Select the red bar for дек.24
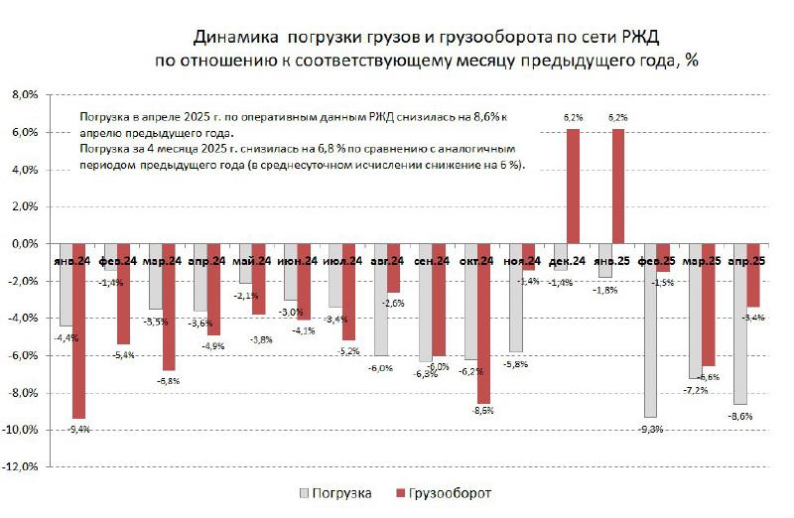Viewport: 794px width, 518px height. pyautogui.click(x=574, y=187)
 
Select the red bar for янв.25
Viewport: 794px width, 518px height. pyautogui.click(x=618, y=187)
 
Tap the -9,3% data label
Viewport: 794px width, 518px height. pyautogui.click(x=652, y=428)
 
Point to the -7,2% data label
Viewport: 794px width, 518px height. pyautogui.click(x=696, y=390)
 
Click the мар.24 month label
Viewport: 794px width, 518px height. pyautogui.click(x=162, y=261)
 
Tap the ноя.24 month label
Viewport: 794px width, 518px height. pyautogui.click(x=521, y=261)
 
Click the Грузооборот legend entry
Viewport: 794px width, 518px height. pyautogui.click(x=447, y=492)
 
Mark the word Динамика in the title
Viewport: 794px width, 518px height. pyautogui.click(x=235, y=37)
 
